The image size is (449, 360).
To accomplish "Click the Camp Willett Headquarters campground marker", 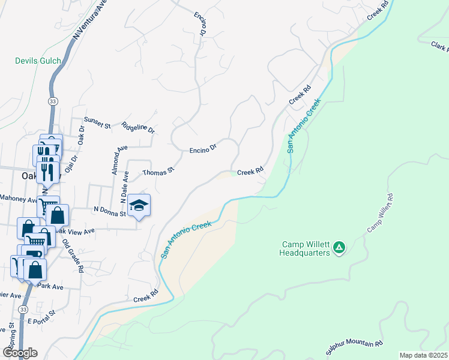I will coord(339,247).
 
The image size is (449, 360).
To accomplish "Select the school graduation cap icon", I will coord(139,206).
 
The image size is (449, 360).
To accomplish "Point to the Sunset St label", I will coord(97,122).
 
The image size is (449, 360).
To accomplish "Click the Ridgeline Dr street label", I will coord(138,127).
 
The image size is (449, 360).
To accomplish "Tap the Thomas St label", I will coord(158,172).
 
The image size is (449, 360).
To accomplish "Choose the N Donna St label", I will coord(109,211).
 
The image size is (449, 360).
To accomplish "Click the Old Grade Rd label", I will coord(72,257).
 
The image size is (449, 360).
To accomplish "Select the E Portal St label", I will coord(41,317).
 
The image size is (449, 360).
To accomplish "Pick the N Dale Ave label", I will coord(125,184).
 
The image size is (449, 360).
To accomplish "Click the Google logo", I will coord(19,352).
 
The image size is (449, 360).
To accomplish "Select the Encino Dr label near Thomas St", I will coord(203,148).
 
